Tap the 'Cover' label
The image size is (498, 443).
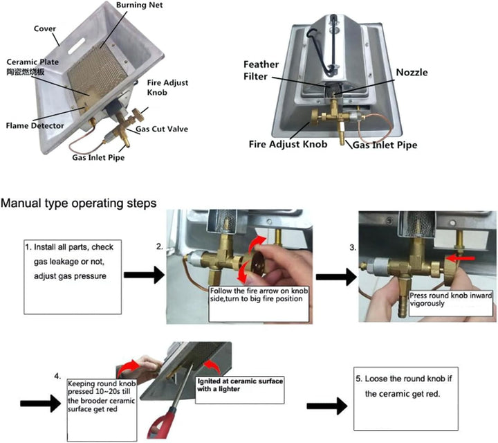[x=46, y=29]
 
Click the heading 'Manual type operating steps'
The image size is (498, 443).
[x=80, y=204]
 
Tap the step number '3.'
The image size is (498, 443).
[x=352, y=246]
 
